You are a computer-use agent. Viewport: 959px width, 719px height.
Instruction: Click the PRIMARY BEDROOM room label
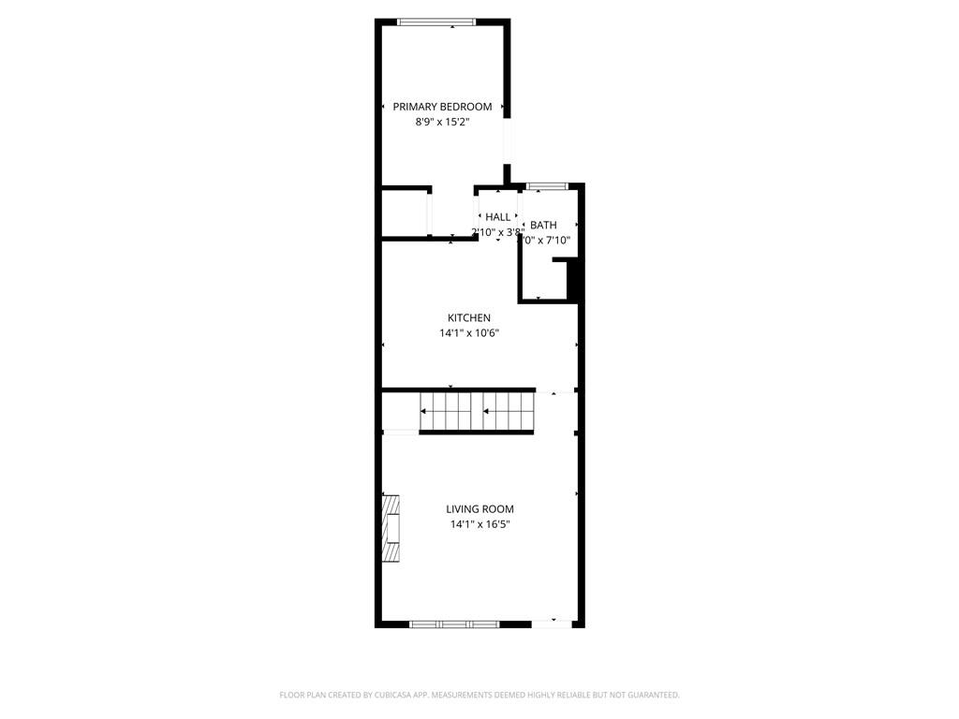coord(442,107)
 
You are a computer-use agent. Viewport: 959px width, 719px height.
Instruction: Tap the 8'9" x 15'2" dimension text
coord(442,122)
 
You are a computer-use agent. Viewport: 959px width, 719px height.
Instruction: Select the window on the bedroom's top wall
coord(435,22)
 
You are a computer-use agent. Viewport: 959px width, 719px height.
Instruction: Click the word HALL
coord(498,217)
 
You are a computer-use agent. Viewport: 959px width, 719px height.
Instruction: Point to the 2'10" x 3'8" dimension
coord(496,232)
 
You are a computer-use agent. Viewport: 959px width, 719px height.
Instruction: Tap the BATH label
coord(543,225)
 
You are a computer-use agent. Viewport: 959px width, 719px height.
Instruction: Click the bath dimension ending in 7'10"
coord(547,241)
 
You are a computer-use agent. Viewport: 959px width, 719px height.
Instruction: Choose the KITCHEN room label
coord(468,318)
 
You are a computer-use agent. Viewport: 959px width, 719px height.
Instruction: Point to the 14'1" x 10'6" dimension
coord(468,333)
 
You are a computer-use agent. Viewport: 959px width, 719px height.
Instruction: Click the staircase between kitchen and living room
coord(476,412)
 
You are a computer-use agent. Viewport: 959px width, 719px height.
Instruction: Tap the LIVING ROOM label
coord(479,509)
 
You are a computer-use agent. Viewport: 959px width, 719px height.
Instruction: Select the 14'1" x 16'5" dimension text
coord(479,524)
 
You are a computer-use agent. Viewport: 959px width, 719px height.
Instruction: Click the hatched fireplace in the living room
coord(391,528)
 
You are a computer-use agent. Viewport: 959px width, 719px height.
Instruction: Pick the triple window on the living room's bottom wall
coord(455,624)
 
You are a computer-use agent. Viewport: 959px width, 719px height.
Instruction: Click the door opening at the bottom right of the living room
coord(551,623)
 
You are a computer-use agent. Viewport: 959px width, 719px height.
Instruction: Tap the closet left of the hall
coord(405,213)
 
